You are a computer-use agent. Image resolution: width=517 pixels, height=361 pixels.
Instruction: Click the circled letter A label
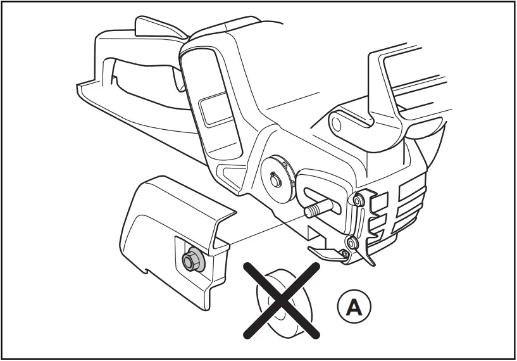(355, 307)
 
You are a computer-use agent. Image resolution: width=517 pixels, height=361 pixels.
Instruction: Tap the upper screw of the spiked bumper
(358, 201)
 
